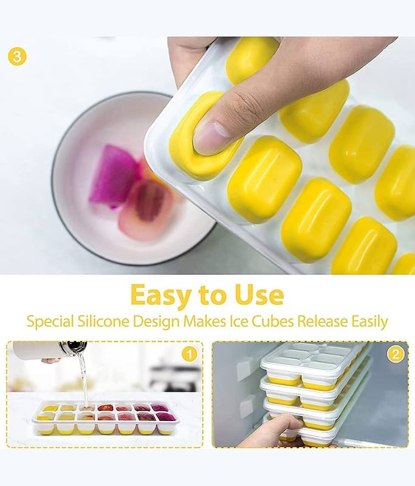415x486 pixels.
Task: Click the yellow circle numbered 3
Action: click(17, 56)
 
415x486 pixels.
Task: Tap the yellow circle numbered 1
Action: click(190, 354)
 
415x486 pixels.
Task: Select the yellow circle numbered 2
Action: click(396, 354)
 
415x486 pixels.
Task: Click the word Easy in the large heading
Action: click(160, 295)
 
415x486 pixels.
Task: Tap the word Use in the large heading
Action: click(259, 294)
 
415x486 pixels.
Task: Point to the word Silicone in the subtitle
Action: click(103, 321)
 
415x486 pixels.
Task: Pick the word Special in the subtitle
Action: click(50, 322)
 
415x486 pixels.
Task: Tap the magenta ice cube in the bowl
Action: click(113, 175)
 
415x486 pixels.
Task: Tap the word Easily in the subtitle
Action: click(369, 322)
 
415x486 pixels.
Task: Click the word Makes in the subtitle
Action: click(205, 321)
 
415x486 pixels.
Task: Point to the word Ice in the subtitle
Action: click(239, 321)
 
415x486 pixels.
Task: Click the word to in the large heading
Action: click(213, 295)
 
